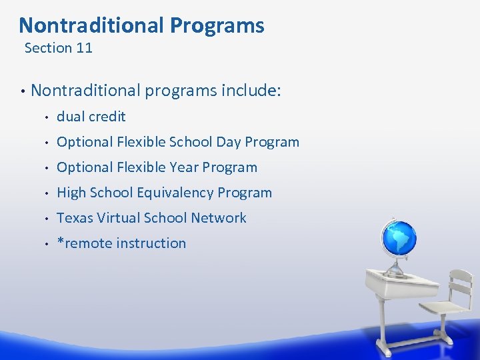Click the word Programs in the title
click(x=217, y=25)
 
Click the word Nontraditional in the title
click(x=92, y=25)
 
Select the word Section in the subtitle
click(x=48, y=48)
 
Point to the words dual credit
click(x=91, y=117)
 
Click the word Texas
click(x=74, y=218)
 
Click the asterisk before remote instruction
click(x=60, y=242)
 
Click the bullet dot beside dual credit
click(x=46, y=117)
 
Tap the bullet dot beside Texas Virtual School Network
click(x=46, y=219)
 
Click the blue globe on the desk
click(x=398, y=237)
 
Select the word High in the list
click(x=71, y=193)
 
